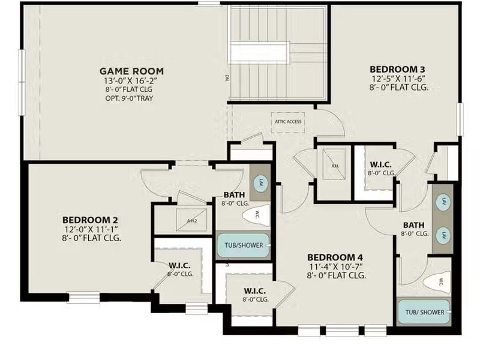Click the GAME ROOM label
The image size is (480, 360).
(x=131, y=71)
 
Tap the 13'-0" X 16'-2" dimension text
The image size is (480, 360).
(x=131, y=80)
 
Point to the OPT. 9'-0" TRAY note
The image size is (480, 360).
(x=131, y=98)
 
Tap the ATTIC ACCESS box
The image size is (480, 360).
(x=289, y=122)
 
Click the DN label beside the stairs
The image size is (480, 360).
(x=227, y=77)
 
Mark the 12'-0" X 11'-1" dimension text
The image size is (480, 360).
(x=91, y=229)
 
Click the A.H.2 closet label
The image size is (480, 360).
(x=192, y=220)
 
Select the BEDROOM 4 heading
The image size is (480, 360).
(x=336, y=257)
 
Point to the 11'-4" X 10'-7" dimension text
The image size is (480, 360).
(x=336, y=266)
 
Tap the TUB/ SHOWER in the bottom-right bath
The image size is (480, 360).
(x=424, y=312)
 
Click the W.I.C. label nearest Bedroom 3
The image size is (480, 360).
(x=381, y=164)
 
